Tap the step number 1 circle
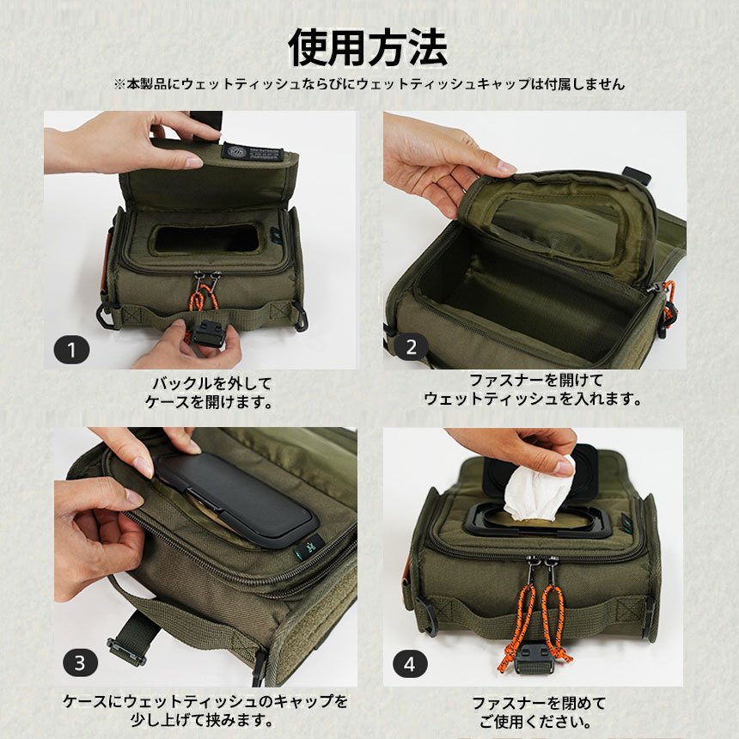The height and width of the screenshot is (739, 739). coord(71,349)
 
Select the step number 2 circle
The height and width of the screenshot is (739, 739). coord(411,347)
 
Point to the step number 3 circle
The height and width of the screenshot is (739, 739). coord(79,663)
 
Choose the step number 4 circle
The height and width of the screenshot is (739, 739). coord(409,663)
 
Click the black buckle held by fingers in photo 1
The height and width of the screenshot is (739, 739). coord(211,332)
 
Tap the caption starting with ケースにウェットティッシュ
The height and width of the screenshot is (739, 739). coord(205,711)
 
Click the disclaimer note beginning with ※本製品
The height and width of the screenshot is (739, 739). coord(369,84)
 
